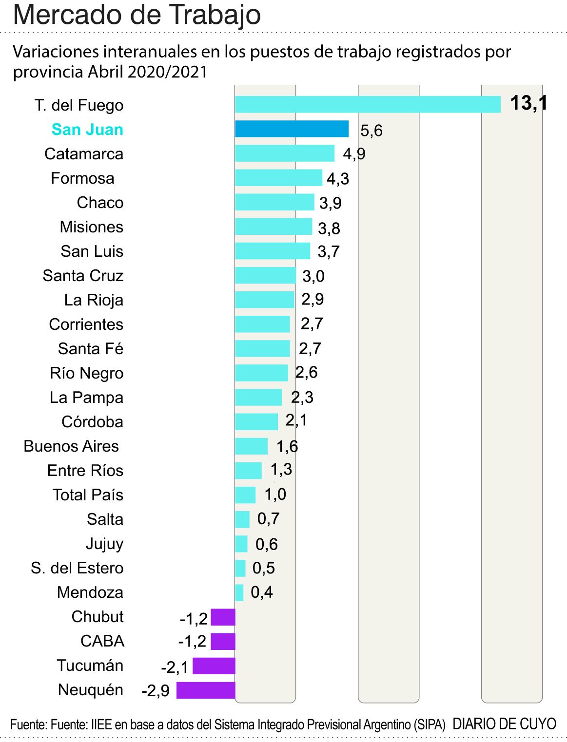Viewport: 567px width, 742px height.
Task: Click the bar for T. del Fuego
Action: [x=368, y=104]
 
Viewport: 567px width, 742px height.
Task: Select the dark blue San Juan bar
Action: [x=292, y=129]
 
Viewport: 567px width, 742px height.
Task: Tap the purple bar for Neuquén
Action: [x=205, y=690]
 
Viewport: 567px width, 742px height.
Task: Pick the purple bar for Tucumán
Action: [x=214, y=666]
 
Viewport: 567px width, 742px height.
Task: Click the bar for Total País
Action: [x=245, y=495]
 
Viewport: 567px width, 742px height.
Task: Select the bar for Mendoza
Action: [x=239, y=592]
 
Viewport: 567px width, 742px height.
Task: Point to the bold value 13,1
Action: [x=528, y=103]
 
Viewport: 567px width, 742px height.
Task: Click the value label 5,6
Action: [x=371, y=131]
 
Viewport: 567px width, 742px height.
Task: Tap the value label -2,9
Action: [x=156, y=691]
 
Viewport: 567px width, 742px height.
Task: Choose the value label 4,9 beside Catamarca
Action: [x=354, y=154]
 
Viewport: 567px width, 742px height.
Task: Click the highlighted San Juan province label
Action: [x=87, y=130]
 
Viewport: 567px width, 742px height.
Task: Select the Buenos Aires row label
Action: [x=71, y=446]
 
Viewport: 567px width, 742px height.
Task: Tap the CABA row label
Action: [x=102, y=641]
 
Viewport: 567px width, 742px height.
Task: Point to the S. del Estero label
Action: [x=77, y=568]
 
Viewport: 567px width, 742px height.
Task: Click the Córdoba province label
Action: [x=92, y=422]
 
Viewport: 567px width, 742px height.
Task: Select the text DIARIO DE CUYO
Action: [x=504, y=724]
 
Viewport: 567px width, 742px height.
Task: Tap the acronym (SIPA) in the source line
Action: [x=429, y=725]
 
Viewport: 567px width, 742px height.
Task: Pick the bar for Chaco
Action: [x=274, y=202]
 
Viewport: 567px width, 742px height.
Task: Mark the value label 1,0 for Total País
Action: [x=275, y=495]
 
